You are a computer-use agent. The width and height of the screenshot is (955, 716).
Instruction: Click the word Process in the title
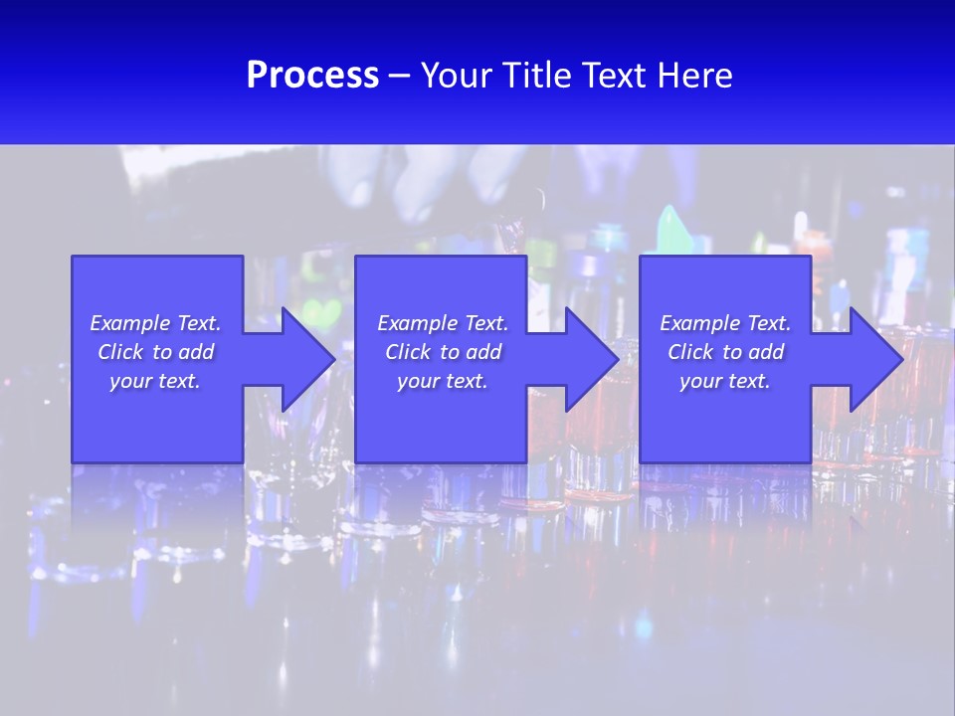pyautogui.click(x=312, y=76)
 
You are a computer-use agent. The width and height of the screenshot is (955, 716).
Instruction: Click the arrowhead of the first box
pyautogui.click(x=308, y=359)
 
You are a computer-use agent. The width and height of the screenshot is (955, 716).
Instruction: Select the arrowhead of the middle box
pyautogui.click(x=592, y=359)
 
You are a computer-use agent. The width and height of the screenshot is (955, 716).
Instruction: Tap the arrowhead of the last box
pyautogui.click(x=875, y=359)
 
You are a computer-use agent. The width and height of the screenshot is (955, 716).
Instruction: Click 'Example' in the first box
pyautogui.click(x=129, y=323)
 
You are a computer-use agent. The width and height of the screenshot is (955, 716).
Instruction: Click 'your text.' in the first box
pyautogui.click(x=155, y=381)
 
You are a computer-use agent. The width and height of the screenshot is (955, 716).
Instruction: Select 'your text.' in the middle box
pyautogui.click(x=443, y=381)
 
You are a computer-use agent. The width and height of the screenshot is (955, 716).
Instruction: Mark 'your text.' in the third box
pyautogui.click(x=725, y=381)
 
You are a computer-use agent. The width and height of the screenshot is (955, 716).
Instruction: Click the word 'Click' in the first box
pyautogui.click(x=120, y=352)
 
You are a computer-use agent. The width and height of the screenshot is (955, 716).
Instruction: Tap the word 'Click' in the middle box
pyautogui.click(x=408, y=352)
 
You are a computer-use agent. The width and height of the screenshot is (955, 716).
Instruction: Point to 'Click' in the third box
pyautogui.click(x=690, y=352)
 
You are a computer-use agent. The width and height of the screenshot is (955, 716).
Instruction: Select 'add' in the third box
pyautogui.click(x=766, y=352)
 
